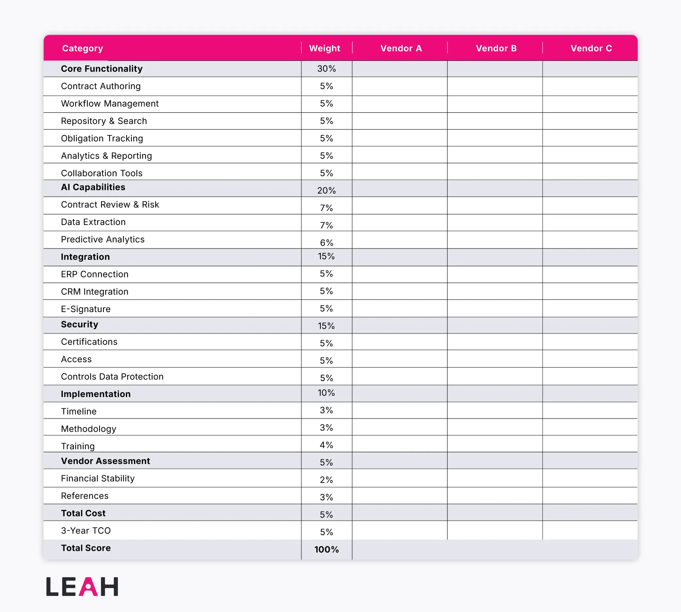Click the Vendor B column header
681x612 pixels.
click(496, 48)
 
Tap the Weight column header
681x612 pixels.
click(324, 48)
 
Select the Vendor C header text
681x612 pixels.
click(591, 48)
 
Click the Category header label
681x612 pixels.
click(83, 48)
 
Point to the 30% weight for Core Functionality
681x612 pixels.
click(326, 69)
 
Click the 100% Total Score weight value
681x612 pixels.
click(326, 550)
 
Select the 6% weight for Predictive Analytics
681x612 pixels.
click(326, 243)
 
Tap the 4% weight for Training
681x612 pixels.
click(326, 445)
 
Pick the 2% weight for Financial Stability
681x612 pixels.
click(326, 480)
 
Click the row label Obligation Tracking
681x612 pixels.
click(102, 138)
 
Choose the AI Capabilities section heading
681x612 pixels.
click(93, 187)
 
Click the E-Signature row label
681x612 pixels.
click(86, 309)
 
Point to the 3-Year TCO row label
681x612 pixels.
click(86, 531)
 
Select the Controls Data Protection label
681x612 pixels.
click(112, 376)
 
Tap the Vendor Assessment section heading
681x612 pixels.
click(106, 461)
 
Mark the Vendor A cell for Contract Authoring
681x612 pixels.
click(399, 86)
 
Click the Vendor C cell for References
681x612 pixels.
click(590, 496)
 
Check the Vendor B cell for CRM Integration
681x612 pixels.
click(494, 291)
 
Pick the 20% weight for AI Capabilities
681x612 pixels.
click(326, 191)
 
